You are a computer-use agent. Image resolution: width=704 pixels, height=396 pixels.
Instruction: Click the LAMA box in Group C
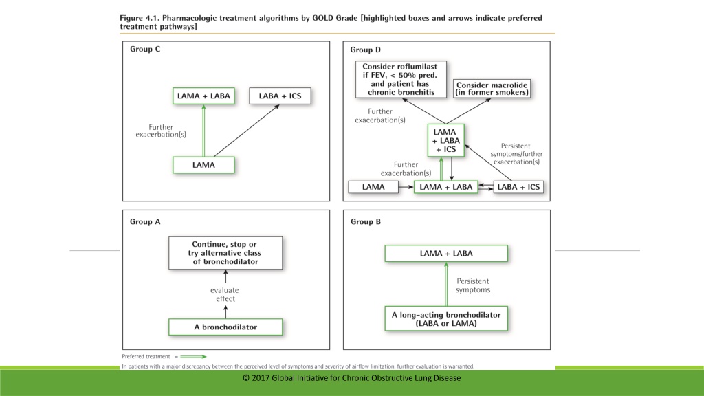tap(203, 165)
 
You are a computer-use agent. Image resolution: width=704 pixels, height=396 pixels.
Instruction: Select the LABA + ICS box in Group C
tap(280, 96)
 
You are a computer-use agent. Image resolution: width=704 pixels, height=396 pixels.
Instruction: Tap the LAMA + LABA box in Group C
tap(203, 96)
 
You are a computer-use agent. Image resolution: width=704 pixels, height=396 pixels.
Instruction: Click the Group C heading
tap(145, 49)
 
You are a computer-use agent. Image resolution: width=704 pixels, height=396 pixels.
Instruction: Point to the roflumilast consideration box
tap(401, 80)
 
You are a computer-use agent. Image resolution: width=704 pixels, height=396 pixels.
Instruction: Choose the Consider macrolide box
tap(492, 89)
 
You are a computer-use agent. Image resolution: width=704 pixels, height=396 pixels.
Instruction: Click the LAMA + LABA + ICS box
tap(445, 140)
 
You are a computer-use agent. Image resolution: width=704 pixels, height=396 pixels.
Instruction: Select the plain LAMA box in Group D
tap(373, 187)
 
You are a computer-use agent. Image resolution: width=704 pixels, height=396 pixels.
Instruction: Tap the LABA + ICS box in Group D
tap(518, 187)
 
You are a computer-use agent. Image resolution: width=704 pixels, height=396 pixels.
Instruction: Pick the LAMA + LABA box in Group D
tap(445, 187)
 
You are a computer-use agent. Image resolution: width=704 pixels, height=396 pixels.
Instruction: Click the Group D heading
tap(366, 49)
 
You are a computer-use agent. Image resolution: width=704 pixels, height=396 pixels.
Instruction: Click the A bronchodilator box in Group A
tap(225, 327)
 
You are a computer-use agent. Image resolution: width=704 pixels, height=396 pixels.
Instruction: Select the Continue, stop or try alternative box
tap(225, 253)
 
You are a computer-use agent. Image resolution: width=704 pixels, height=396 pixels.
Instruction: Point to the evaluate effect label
tap(225, 294)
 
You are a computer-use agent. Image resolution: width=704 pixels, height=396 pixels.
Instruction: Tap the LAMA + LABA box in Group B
tap(446, 253)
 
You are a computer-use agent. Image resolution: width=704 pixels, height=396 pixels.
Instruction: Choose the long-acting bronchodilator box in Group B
tap(446, 319)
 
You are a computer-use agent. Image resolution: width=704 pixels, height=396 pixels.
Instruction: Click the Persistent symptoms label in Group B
tap(473, 285)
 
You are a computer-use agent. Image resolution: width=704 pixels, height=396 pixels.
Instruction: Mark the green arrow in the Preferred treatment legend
tap(193, 357)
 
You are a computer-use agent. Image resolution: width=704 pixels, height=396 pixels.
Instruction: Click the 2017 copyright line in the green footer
tap(351, 378)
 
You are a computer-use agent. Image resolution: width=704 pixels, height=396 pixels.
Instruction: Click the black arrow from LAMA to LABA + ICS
tap(247, 131)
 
